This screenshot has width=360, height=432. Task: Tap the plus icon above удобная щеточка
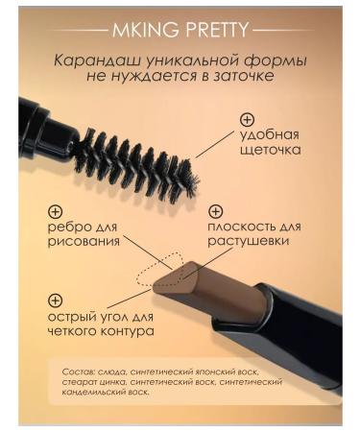pos(247,121)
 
